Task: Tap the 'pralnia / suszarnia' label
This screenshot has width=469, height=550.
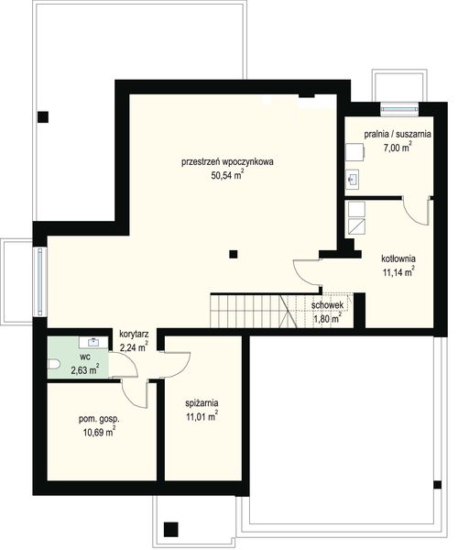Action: coord(397,134)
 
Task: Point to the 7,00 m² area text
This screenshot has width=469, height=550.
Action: coord(397,147)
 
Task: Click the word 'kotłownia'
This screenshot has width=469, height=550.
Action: coord(399,258)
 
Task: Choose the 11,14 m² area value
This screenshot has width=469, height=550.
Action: coord(399,271)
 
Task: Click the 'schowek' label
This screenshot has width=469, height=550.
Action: coord(327,306)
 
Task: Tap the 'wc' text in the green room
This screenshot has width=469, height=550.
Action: coord(83,357)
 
